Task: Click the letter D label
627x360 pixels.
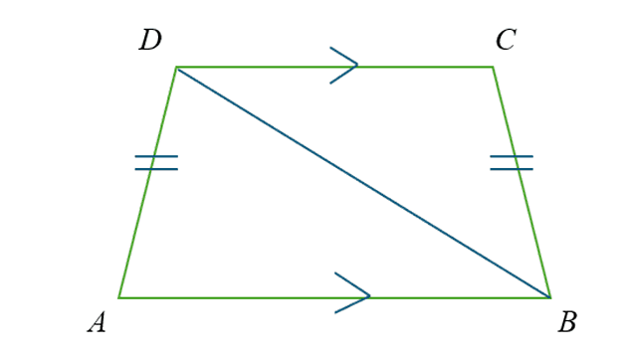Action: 150,41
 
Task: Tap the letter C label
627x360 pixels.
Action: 506,41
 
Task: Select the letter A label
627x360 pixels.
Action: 97,322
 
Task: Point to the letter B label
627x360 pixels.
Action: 567,322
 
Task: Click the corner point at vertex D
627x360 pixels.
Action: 177,67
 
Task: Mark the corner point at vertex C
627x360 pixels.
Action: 493,67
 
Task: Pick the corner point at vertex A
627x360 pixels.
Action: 119,297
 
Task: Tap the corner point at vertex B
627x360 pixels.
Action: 549,297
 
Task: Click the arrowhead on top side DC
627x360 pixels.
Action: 350,66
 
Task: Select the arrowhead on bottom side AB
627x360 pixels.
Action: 361,294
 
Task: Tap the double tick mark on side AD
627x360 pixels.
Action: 155,162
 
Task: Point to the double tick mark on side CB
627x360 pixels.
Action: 512,162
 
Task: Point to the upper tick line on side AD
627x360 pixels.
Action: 156,156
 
